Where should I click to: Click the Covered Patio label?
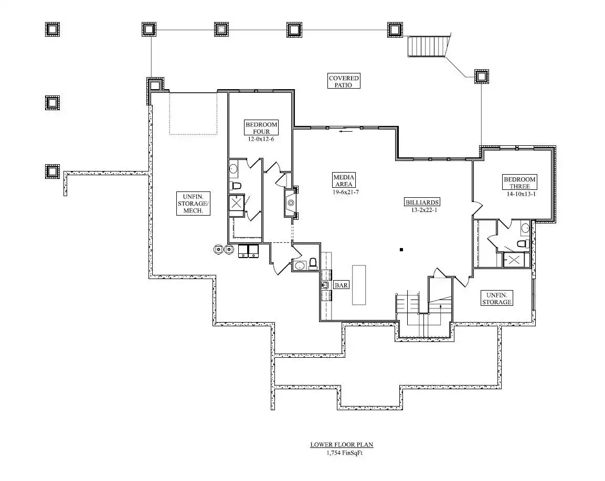pyautogui.click(x=344, y=81)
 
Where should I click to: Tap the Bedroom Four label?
pyautogui.click(x=261, y=127)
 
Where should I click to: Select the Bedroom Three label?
pyautogui.click(x=519, y=183)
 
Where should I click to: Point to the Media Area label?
pyautogui.click(x=344, y=180)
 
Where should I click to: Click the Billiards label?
pyautogui.click(x=422, y=202)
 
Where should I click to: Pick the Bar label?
pyautogui.click(x=341, y=285)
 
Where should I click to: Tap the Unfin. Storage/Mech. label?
pyautogui.click(x=193, y=204)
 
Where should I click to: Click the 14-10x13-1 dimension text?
pyautogui.click(x=521, y=194)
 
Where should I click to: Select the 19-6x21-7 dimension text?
pyautogui.click(x=346, y=191)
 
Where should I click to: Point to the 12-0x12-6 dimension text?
pyautogui.click(x=261, y=139)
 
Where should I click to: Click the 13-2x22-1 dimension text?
pyautogui.click(x=424, y=210)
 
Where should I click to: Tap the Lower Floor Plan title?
pyautogui.click(x=342, y=445)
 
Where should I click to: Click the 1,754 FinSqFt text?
pyautogui.click(x=345, y=453)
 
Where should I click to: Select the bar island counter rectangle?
pyautogui.click(x=359, y=285)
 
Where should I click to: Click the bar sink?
pyautogui.click(x=325, y=285)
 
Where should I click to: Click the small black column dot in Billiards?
pyautogui.click(x=401, y=250)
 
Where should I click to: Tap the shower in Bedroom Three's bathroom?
pyautogui.click(x=514, y=260)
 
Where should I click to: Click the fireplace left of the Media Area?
pyautogui.click(x=291, y=202)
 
